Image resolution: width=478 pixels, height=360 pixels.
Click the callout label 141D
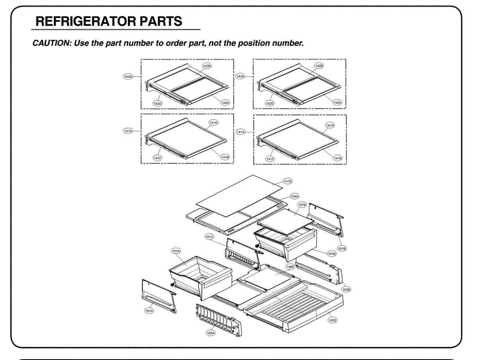(288, 182)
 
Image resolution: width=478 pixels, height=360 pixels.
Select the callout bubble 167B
(302, 205)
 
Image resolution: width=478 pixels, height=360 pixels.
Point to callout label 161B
(342, 248)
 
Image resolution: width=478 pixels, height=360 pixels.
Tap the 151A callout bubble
(176, 251)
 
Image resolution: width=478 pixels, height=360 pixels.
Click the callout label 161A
(149, 311)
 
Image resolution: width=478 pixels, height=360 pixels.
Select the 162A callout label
(211, 333)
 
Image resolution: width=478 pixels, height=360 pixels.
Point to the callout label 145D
(332, 320)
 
